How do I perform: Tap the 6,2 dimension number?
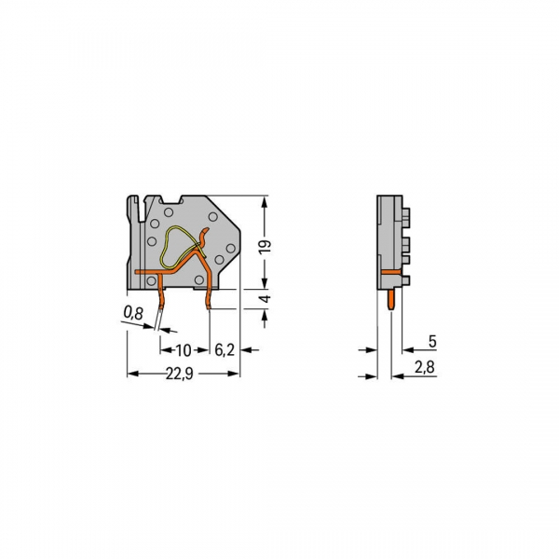(224, 350)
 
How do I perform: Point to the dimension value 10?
(183, 350)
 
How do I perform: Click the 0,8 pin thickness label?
(133, 314)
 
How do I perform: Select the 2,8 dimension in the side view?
(423, 369)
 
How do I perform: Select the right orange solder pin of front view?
(207, 296)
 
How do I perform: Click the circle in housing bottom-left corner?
(151, 279)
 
